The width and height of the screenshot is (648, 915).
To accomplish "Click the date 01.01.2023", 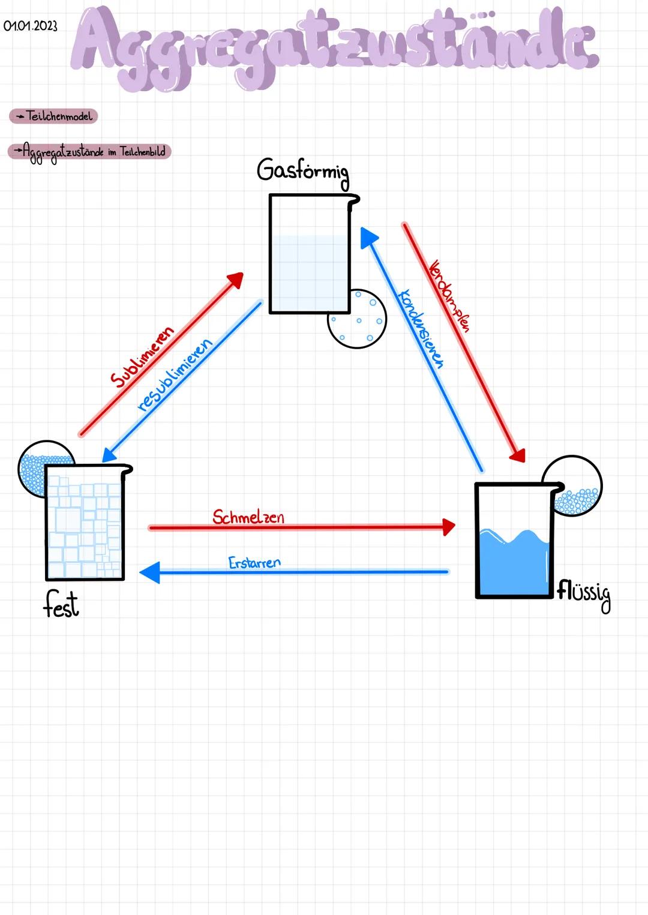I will [30, 26].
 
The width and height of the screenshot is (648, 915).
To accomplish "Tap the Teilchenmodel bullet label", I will [53, 116].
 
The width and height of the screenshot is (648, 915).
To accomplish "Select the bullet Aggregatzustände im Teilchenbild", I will [89, 152].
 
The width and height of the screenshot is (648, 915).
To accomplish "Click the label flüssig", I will [584, 593].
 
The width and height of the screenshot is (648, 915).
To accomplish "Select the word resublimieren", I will [175, 376].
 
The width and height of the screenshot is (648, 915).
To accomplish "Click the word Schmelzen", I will [248, 517].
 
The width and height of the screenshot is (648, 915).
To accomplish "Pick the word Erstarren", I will [254, 563].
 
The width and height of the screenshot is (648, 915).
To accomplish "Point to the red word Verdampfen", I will [449, 295].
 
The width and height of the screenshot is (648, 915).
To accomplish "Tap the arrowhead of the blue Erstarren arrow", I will [149, 572].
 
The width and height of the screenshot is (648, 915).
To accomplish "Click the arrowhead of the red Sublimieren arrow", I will [236, 280].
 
